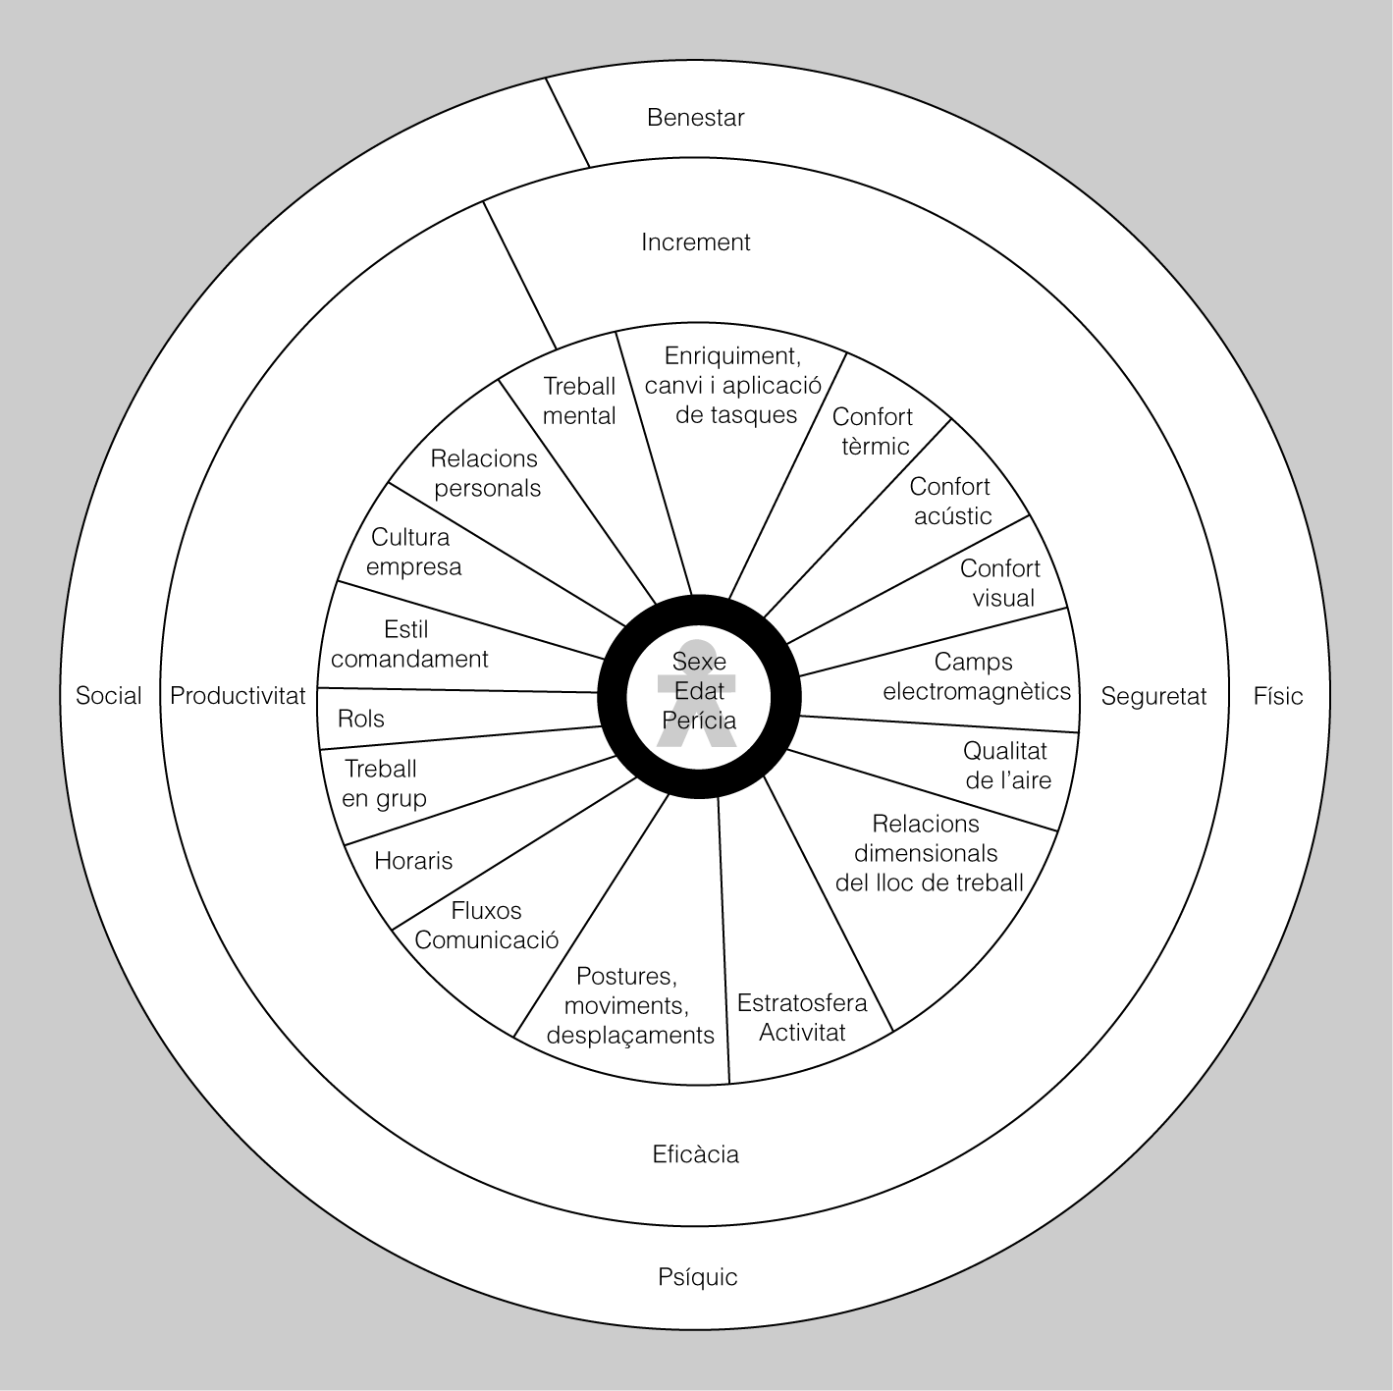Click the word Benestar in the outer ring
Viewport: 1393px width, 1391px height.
695,118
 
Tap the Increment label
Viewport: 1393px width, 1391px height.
695,242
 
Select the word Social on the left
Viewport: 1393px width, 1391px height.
109,696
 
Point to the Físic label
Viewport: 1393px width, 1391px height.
1277,696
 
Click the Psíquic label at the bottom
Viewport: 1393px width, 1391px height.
697,1277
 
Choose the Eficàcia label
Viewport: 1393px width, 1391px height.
695,1154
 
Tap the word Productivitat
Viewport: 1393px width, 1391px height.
238,696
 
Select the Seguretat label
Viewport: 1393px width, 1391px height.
1153,696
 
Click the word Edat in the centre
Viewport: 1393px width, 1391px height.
699,691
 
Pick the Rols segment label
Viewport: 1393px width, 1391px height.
360,719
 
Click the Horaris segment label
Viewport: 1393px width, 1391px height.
413,861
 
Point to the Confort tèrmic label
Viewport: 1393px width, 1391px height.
873,432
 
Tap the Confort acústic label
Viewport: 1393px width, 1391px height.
950,501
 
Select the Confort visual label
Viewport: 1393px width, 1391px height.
1000,583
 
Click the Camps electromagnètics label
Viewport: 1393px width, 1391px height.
976,676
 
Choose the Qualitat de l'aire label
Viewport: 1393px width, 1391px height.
1006,766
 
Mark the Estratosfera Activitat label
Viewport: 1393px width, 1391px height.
802,1018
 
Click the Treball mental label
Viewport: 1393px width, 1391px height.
579,401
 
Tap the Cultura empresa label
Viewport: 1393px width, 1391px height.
412,552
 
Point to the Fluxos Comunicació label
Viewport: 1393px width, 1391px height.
486,925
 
